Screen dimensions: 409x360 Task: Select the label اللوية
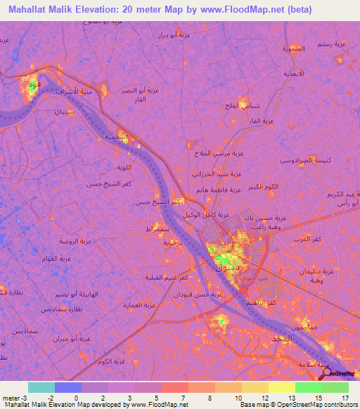(124, 167)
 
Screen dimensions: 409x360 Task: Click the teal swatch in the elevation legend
(41, 387)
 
